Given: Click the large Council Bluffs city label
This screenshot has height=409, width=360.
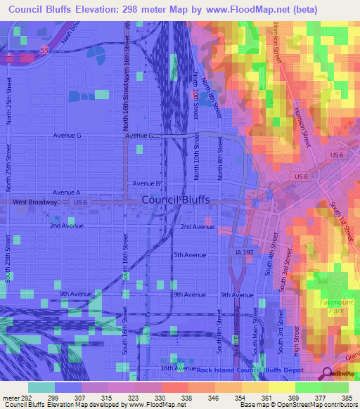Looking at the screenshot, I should pyautogui.click(x=176, y=200).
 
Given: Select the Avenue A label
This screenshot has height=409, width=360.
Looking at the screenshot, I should pyautogui.click(x=67, y=192).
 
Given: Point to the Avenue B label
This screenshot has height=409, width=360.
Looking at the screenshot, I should pyautogui.click(x=148, y=183).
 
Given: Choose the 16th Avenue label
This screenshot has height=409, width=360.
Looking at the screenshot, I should pyautogui.click(x=176, y=368).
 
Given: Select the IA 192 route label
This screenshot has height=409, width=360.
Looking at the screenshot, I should pyautogui.click(x=244, y=252).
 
